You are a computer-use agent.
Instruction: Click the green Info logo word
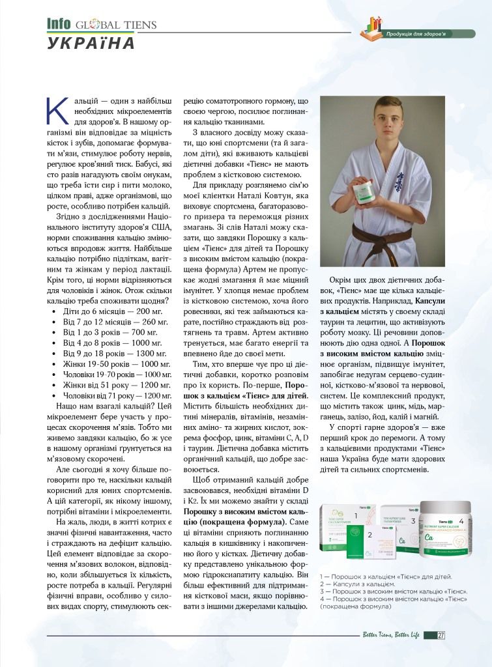[59, 24]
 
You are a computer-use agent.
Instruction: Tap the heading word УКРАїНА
[91, 43]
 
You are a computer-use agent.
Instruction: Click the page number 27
[441, 635]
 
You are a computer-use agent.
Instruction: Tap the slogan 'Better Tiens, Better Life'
[391, 635]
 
